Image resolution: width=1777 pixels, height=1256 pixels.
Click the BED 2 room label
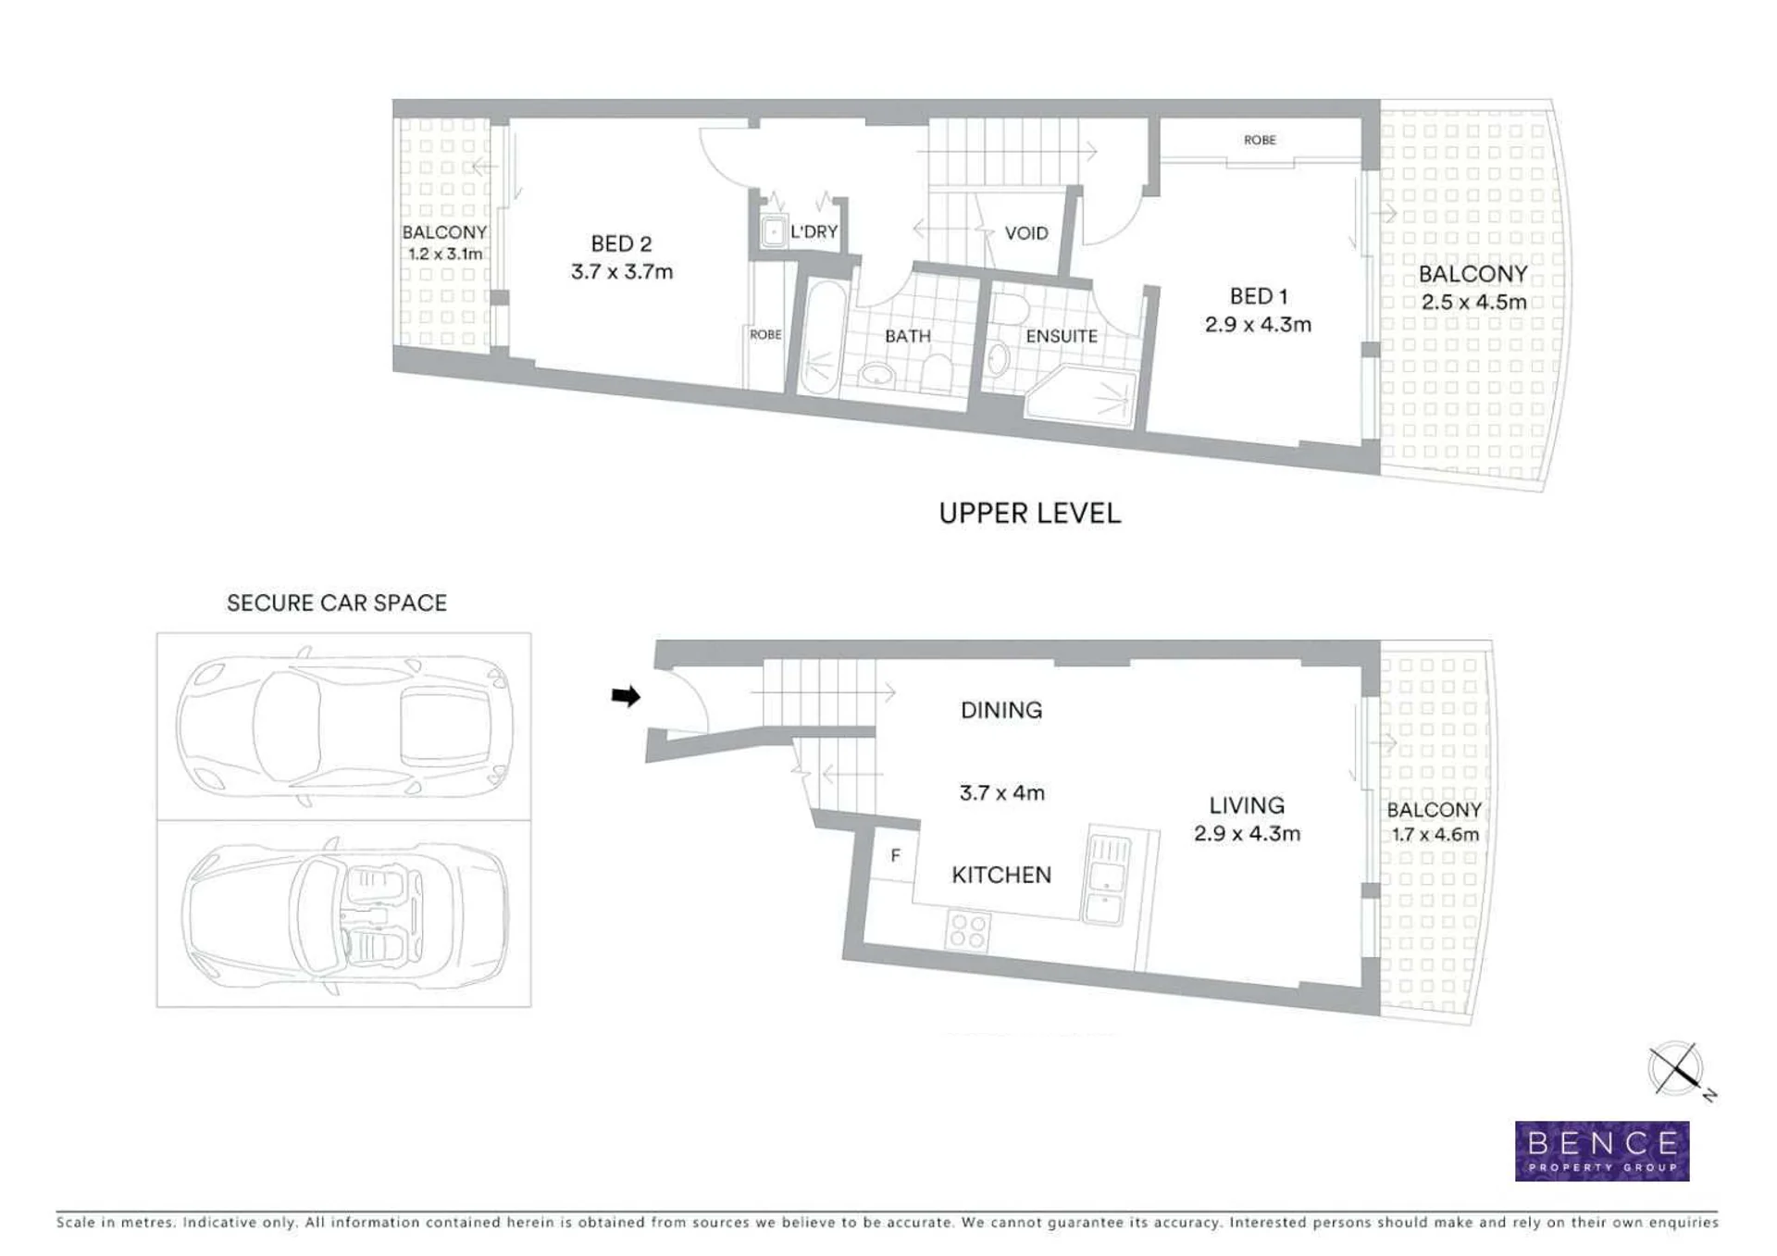point(621,243)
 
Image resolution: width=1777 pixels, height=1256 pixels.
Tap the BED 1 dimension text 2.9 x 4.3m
point(1258,324)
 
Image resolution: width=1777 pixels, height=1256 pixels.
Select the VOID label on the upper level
point(1026,233)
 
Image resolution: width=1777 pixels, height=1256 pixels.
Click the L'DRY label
point(814,231)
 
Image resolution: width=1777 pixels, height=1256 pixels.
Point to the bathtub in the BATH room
point(821,338)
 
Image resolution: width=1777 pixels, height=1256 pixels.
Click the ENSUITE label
point(1062,336)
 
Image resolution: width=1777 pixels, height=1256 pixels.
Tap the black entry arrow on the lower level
point(626,696)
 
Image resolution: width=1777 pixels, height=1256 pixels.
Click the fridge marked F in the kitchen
point(895,856)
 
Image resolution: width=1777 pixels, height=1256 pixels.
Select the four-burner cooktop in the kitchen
point(968,930)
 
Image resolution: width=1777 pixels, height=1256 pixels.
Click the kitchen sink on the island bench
point(1108,879)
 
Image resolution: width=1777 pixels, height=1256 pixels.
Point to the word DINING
point(1001,710)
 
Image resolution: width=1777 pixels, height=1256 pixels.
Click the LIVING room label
point(1247,805)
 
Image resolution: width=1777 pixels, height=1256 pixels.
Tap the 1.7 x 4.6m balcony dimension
point(1435,834)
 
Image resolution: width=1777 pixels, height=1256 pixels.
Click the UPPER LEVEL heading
point(1029,514)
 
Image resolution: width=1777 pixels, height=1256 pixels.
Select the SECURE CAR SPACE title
point(337,603)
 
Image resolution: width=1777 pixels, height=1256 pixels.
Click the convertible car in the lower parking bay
point(344,914)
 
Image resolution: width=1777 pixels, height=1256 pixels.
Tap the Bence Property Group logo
point(1602,1151)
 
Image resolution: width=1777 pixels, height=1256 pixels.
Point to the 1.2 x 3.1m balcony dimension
point(445,254)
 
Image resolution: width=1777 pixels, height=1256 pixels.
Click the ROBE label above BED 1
point(1260,140)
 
